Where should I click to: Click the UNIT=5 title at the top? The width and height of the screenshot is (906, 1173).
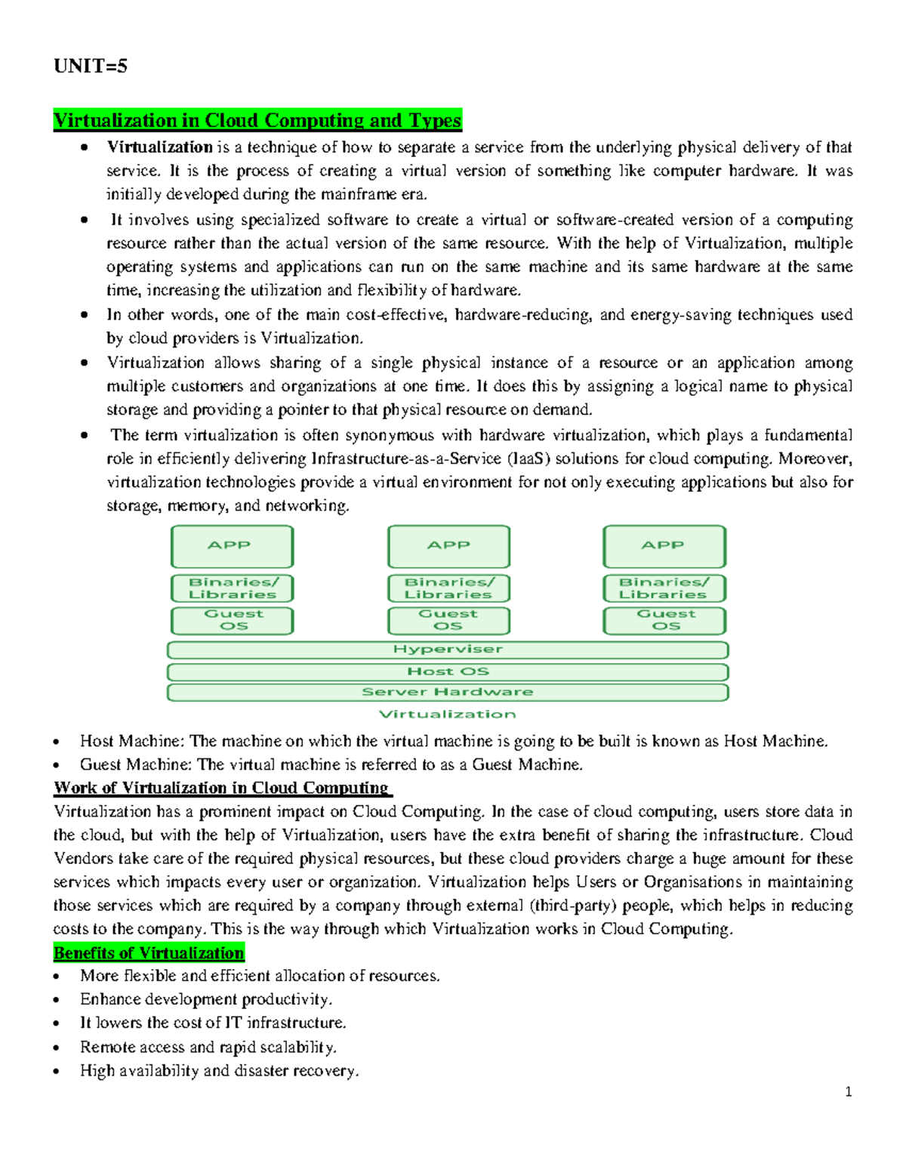pos(90,66)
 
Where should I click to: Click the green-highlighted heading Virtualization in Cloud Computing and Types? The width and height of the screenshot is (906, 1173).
pos(257,121)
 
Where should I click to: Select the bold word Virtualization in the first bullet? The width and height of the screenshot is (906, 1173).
pos(159,147)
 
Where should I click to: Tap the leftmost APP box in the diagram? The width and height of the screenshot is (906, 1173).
pos(232,546)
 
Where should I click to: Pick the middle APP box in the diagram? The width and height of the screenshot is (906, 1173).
pos(448,546)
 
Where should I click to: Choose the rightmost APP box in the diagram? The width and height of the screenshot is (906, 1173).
pos(664,546)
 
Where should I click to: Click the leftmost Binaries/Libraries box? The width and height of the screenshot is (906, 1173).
pos(232,588)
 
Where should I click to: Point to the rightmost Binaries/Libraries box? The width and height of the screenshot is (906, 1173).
pos(664,588)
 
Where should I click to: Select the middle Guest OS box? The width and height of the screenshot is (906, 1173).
pos(448,620)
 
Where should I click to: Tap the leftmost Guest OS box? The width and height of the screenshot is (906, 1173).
pos(232,620)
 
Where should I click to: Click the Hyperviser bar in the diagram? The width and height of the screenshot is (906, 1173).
pos(448,650)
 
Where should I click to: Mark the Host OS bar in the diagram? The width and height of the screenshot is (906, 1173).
pos(448,671)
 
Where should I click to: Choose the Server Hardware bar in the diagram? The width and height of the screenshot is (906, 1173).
pos(448,692)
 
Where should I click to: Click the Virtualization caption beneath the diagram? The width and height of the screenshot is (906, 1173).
pos(447,715)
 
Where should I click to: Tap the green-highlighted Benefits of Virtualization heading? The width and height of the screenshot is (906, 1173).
pos(149,953)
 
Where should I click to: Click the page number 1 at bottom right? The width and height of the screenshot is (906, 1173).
pos(849,1091)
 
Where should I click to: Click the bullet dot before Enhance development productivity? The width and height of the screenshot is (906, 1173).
pos(57,1000)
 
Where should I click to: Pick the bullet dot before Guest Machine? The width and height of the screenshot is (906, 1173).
pos(57,765)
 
